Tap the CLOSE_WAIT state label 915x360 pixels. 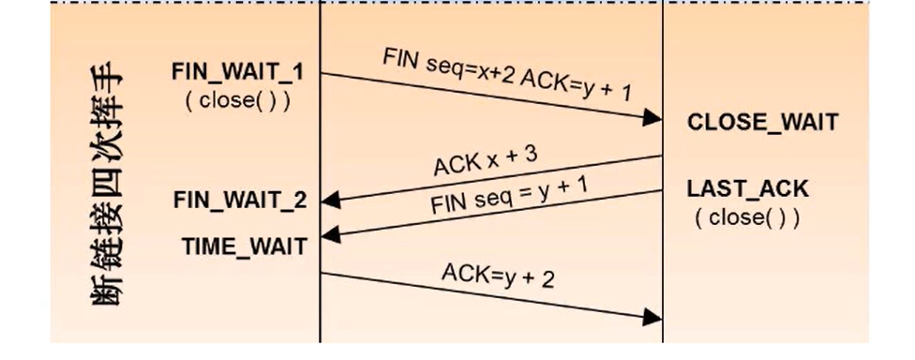pos(762,123)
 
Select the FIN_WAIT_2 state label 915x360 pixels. pos(240,200)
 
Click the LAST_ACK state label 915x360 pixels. pos(747,189)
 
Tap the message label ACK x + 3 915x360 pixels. pos(485,160)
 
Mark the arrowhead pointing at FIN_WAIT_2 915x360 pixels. pos(329,201)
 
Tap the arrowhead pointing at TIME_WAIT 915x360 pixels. pos(329,235)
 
